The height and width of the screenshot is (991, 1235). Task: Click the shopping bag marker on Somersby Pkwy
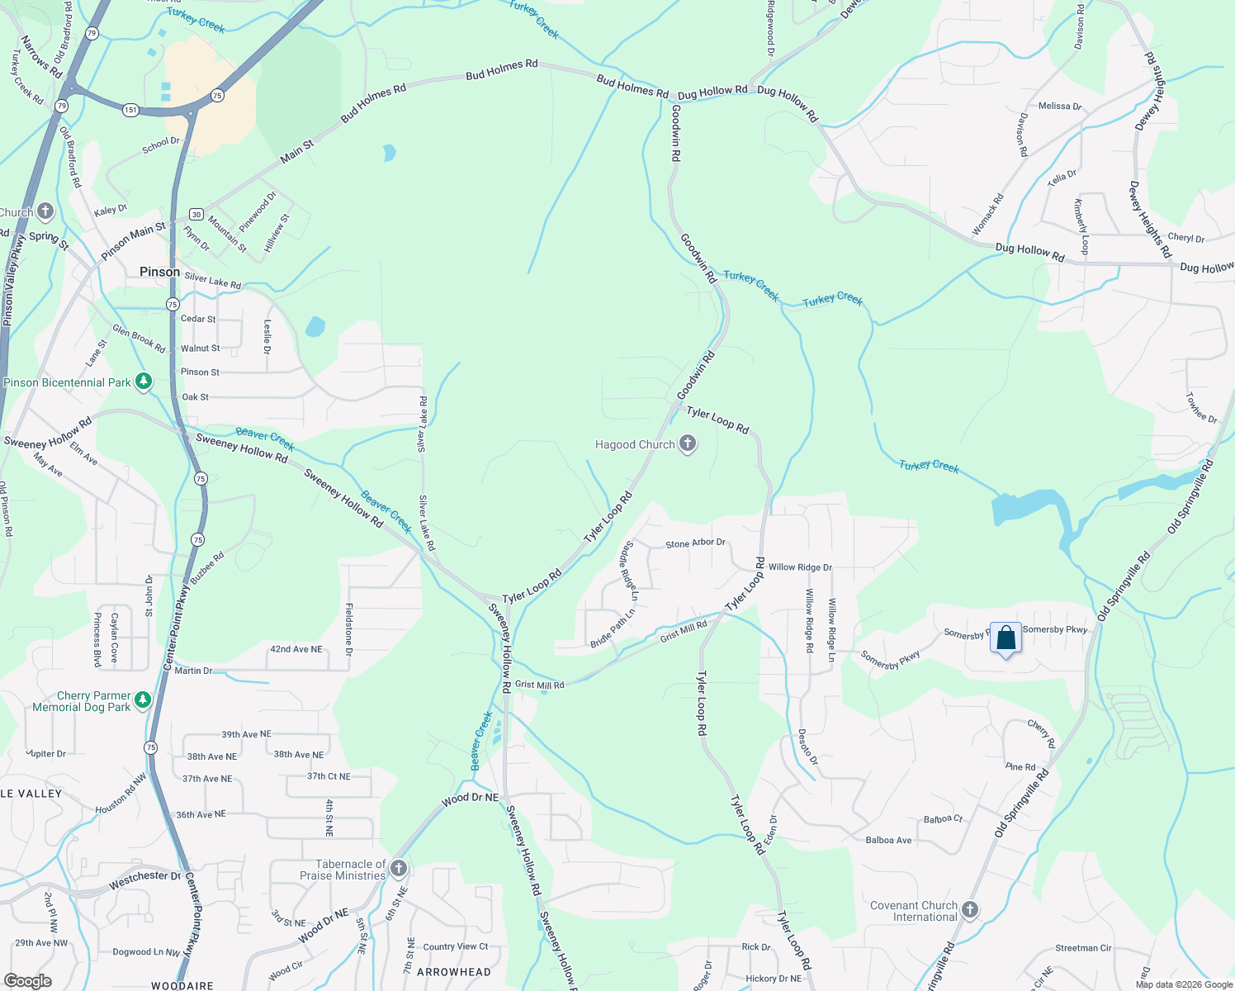pos(1006,638)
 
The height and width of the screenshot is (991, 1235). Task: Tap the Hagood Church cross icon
pos(687,444)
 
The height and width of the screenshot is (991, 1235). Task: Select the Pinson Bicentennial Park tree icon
pos(144,382)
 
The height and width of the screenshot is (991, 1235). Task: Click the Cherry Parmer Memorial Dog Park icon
pos(143,700)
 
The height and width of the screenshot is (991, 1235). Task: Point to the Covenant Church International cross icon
pos(970,910)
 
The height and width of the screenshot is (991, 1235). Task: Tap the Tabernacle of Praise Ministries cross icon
pos(399,869)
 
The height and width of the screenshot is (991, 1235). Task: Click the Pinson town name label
pos(159,272)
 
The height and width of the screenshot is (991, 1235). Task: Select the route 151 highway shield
pos(130,110)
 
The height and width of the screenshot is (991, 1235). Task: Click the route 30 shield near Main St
pos(196,215)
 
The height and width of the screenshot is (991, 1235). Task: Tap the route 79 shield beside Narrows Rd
pos(92,34)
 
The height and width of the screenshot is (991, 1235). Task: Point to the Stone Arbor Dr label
pos(695,543)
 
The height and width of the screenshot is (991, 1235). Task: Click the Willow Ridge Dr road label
pos(800,567)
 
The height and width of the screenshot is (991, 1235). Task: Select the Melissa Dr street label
pos(1059,106)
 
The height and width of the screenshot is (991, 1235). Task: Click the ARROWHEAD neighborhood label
pos(453,972)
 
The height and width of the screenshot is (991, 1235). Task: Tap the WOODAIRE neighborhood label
pos(182,985)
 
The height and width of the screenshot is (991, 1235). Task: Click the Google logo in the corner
pos(27,980)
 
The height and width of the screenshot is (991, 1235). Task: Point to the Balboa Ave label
pos(888,840)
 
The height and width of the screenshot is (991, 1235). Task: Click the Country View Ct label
pos(455,946)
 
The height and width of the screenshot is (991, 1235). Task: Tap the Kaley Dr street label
pos(111,211)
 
